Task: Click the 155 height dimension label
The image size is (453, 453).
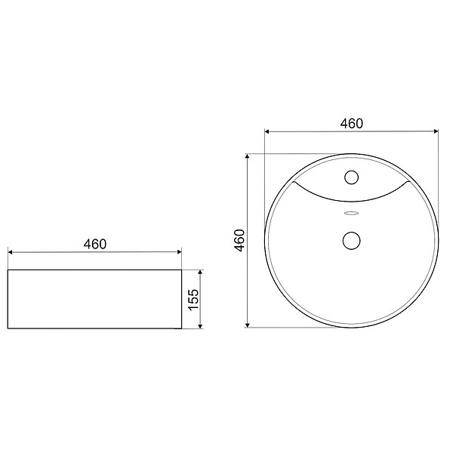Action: click(x=193, y=299)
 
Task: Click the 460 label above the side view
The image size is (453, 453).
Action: click(x=95, y=244)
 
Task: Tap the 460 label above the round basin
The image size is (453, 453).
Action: click(x=352, y=124)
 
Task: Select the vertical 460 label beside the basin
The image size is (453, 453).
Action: click(x=239, y=240)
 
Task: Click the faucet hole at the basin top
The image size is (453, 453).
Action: click(x=352, y=177)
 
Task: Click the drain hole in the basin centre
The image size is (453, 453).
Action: click(x=352, y=240)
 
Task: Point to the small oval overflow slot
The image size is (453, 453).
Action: click(x=352, y=213)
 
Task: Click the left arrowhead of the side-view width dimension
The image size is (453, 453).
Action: click(x=10, y=252)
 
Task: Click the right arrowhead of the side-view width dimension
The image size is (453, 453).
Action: click(x=180, y=252)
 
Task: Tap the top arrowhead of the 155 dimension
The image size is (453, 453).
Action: click(x=200, y=272)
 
